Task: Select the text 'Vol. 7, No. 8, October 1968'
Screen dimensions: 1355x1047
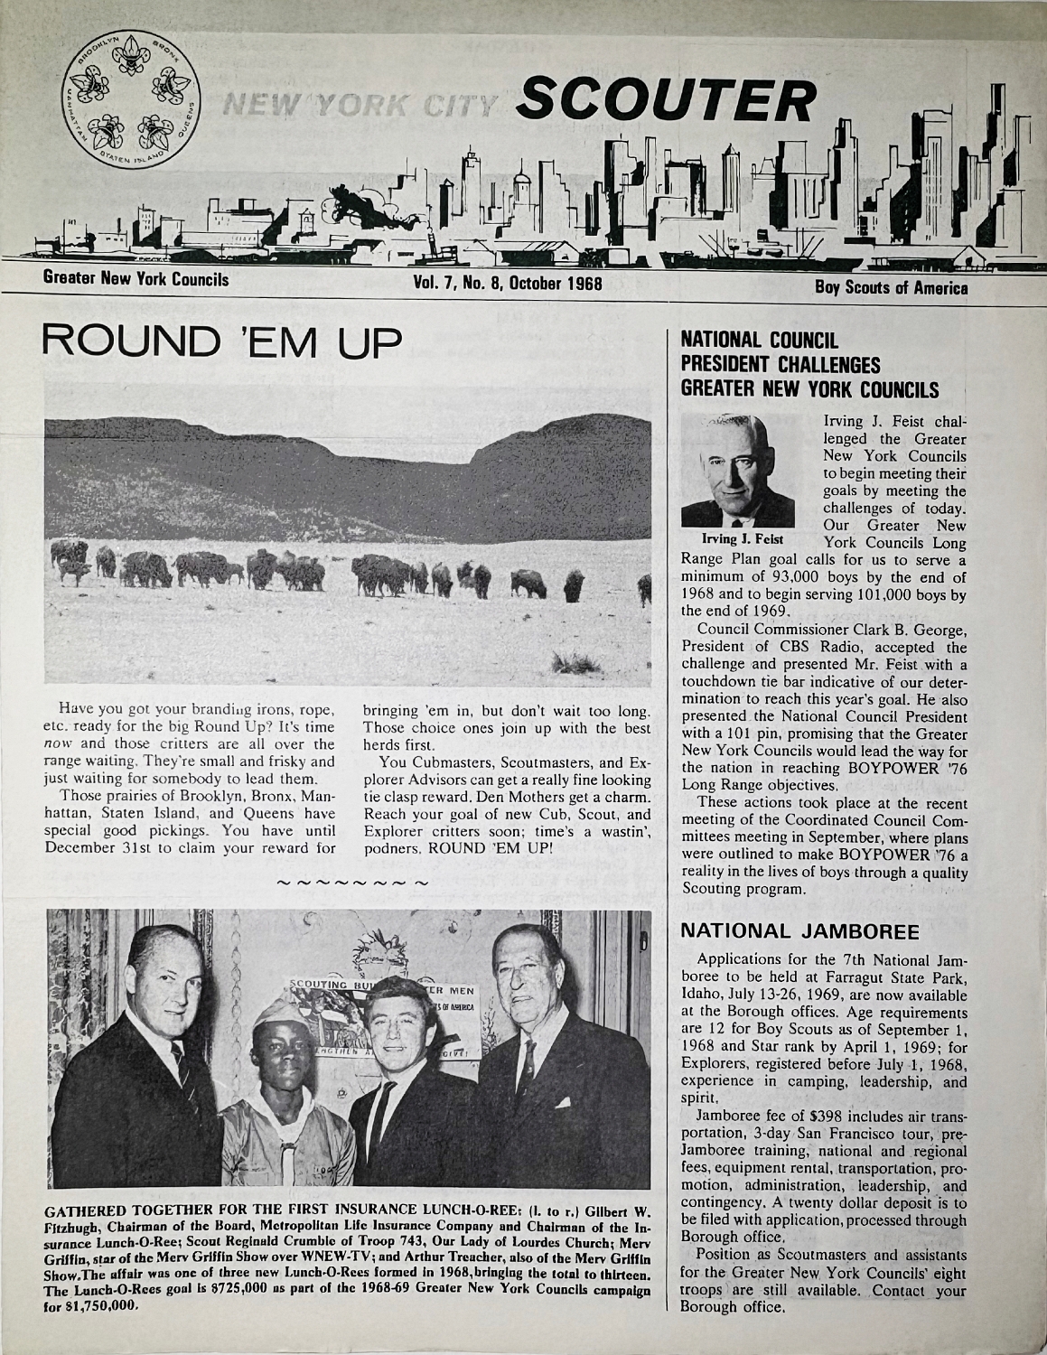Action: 506,281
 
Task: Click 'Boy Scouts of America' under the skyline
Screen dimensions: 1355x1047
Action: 891,288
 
